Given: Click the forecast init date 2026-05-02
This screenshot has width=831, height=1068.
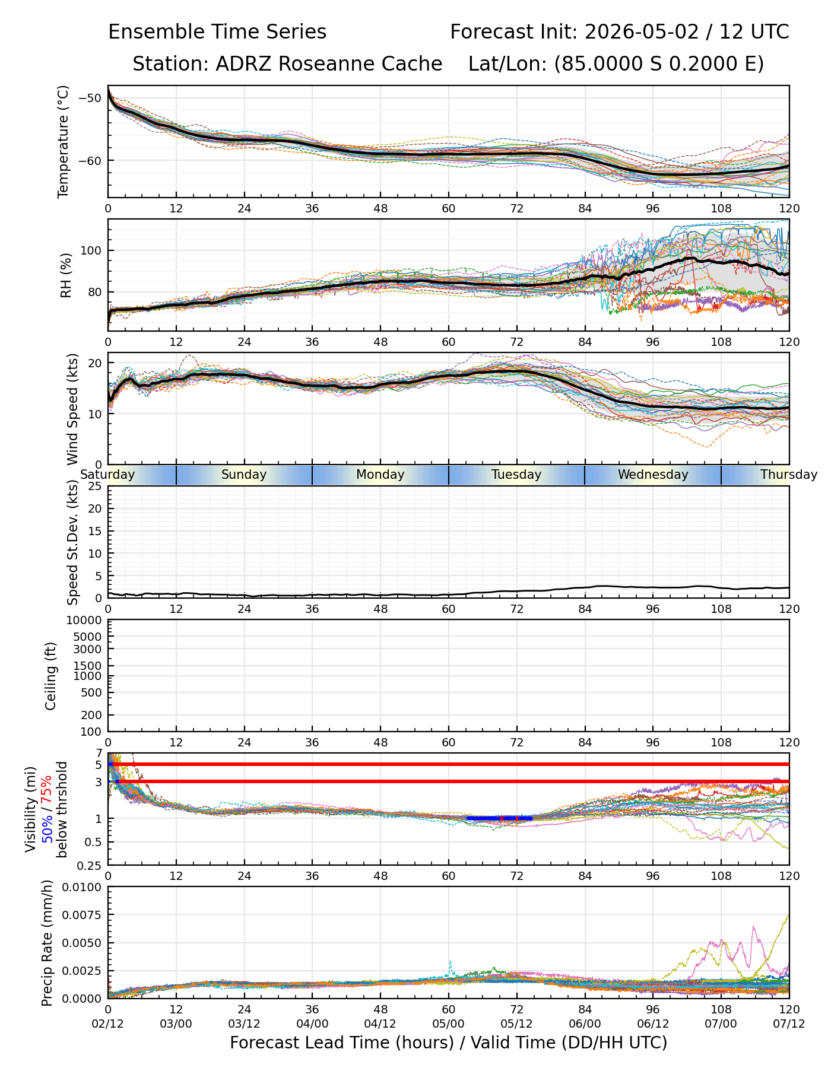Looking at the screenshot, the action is [x=642, y=32].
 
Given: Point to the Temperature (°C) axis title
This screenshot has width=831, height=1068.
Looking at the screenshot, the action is [x=64, y=141].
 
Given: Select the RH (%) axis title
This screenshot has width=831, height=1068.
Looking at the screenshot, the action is [x=66, y=275].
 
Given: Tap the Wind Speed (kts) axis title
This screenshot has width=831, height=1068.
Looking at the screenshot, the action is [x=72, y=409].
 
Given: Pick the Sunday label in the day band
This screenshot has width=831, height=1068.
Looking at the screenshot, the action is [x=244, y=475].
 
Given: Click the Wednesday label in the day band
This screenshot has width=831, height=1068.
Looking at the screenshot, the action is [x=653, y=475].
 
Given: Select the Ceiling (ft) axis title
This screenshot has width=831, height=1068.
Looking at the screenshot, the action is [x=51, y=676].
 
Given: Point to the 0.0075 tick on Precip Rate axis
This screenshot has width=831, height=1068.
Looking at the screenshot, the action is [x=83, y=914].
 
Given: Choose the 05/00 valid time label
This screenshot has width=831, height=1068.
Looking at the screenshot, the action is [x=449, y=1024].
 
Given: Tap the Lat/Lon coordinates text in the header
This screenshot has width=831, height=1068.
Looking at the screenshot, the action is [x=616, y=64].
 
